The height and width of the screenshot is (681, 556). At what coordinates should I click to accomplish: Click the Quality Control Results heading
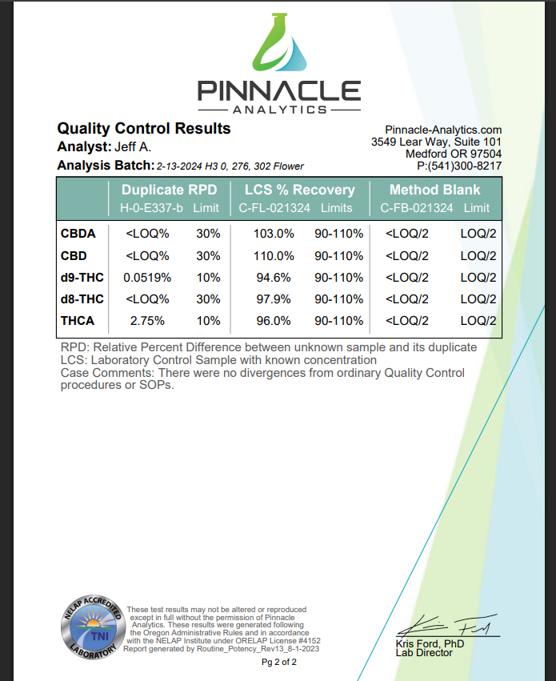[x=144, y=129]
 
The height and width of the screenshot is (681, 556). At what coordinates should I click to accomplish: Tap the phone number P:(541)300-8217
[x=459, y=166]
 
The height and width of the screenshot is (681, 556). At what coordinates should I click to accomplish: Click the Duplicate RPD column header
[x=170, y=190]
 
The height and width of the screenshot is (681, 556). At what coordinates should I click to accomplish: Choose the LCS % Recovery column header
[x=299, y=190]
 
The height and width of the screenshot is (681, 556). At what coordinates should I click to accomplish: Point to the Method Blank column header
[x=434, y=190]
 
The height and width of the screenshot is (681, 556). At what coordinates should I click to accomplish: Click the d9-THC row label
[x=82, y=278]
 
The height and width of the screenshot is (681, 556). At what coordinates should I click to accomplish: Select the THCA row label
[x=78, y=320]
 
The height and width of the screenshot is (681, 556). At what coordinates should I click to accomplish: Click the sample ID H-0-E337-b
[x=152, y=208]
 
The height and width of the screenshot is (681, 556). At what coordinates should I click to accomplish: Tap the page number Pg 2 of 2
[x=279, y=663]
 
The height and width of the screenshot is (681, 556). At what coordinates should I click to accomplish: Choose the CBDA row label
[x=78, y=234]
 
